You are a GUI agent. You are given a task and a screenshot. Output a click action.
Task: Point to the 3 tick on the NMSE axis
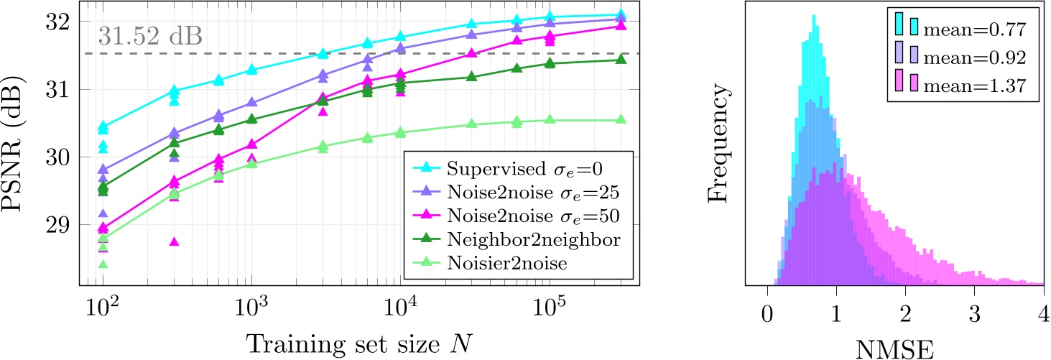(974, 314)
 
